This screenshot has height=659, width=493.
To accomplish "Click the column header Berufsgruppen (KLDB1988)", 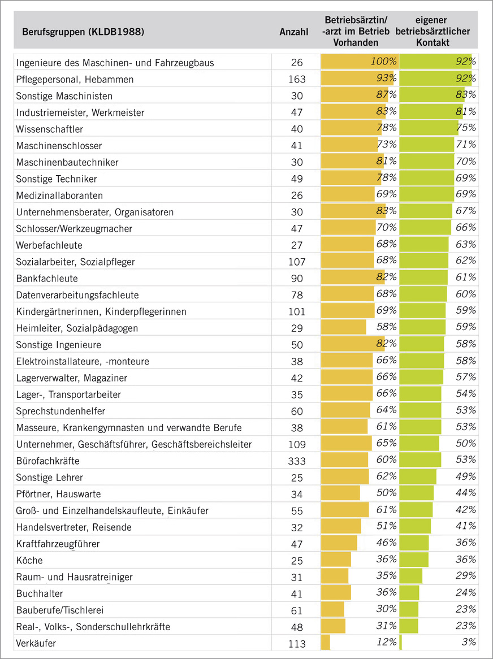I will click(83, 32).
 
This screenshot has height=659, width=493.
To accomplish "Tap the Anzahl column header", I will click(294, 32).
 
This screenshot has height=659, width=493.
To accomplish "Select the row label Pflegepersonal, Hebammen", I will click(75, 79).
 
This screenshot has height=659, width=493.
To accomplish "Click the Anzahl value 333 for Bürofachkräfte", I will click(296, 461).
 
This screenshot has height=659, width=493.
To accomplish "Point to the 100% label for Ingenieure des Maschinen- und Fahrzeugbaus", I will click(384, 62).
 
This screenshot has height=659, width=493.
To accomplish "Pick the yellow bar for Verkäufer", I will click(326, 643).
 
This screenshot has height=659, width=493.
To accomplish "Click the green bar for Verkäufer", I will click(401, 643).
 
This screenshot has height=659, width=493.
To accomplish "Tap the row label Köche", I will click(30, 561).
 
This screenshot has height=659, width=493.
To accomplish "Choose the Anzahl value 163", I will click(296, 79).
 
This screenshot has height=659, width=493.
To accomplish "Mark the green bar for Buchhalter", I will click(409, 593).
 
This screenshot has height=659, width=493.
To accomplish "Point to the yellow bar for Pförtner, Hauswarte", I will click(340, 493).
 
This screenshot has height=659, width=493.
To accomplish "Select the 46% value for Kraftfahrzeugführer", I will click(386, 543).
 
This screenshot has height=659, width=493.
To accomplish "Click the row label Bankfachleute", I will click(47, 279).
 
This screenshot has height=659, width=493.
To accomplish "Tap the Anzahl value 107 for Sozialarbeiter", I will click(296, 262).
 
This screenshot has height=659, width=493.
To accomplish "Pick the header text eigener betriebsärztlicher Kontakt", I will click(433, 32).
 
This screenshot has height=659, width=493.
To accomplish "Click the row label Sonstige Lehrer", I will click(50, 478).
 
